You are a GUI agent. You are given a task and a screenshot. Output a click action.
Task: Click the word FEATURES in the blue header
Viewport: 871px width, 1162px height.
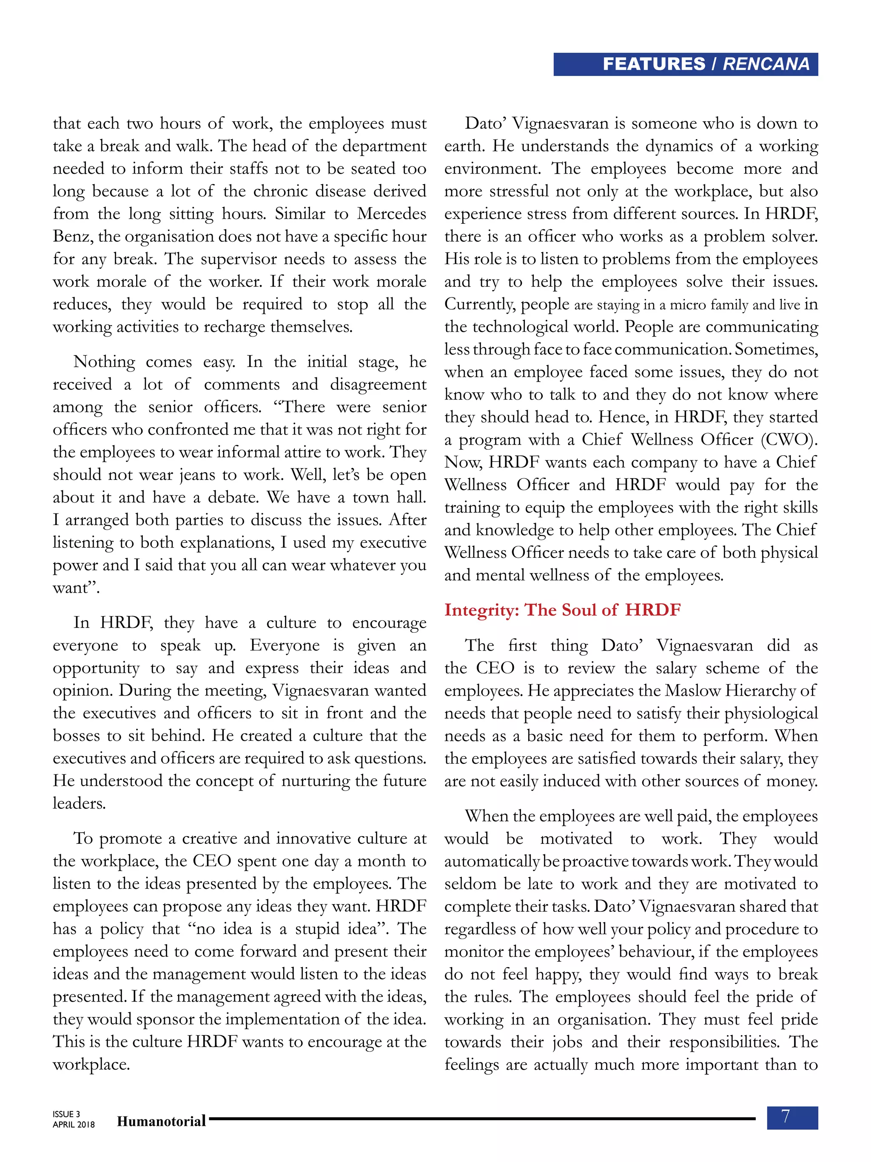tap(654, 64)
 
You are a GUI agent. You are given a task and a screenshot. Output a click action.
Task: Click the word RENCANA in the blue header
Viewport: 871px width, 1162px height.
tap(766, 64)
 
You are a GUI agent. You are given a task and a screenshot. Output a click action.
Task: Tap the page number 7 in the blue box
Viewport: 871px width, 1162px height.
tap(786, 1116)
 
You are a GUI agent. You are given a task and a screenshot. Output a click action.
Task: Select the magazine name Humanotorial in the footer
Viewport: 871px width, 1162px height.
tap(161, 1121)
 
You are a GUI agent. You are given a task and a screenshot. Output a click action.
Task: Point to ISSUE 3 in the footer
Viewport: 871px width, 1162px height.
tap(66, 1113)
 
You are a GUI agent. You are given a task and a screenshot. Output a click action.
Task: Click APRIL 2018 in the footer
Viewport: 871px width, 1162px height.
tap(74, 1125)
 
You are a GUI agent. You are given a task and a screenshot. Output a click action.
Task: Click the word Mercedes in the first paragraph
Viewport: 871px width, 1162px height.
tap(392, 214)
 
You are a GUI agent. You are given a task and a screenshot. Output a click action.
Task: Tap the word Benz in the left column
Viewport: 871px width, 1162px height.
tap(73, 237)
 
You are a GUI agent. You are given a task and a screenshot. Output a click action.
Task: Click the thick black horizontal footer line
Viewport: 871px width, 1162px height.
tap(482, 1119)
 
